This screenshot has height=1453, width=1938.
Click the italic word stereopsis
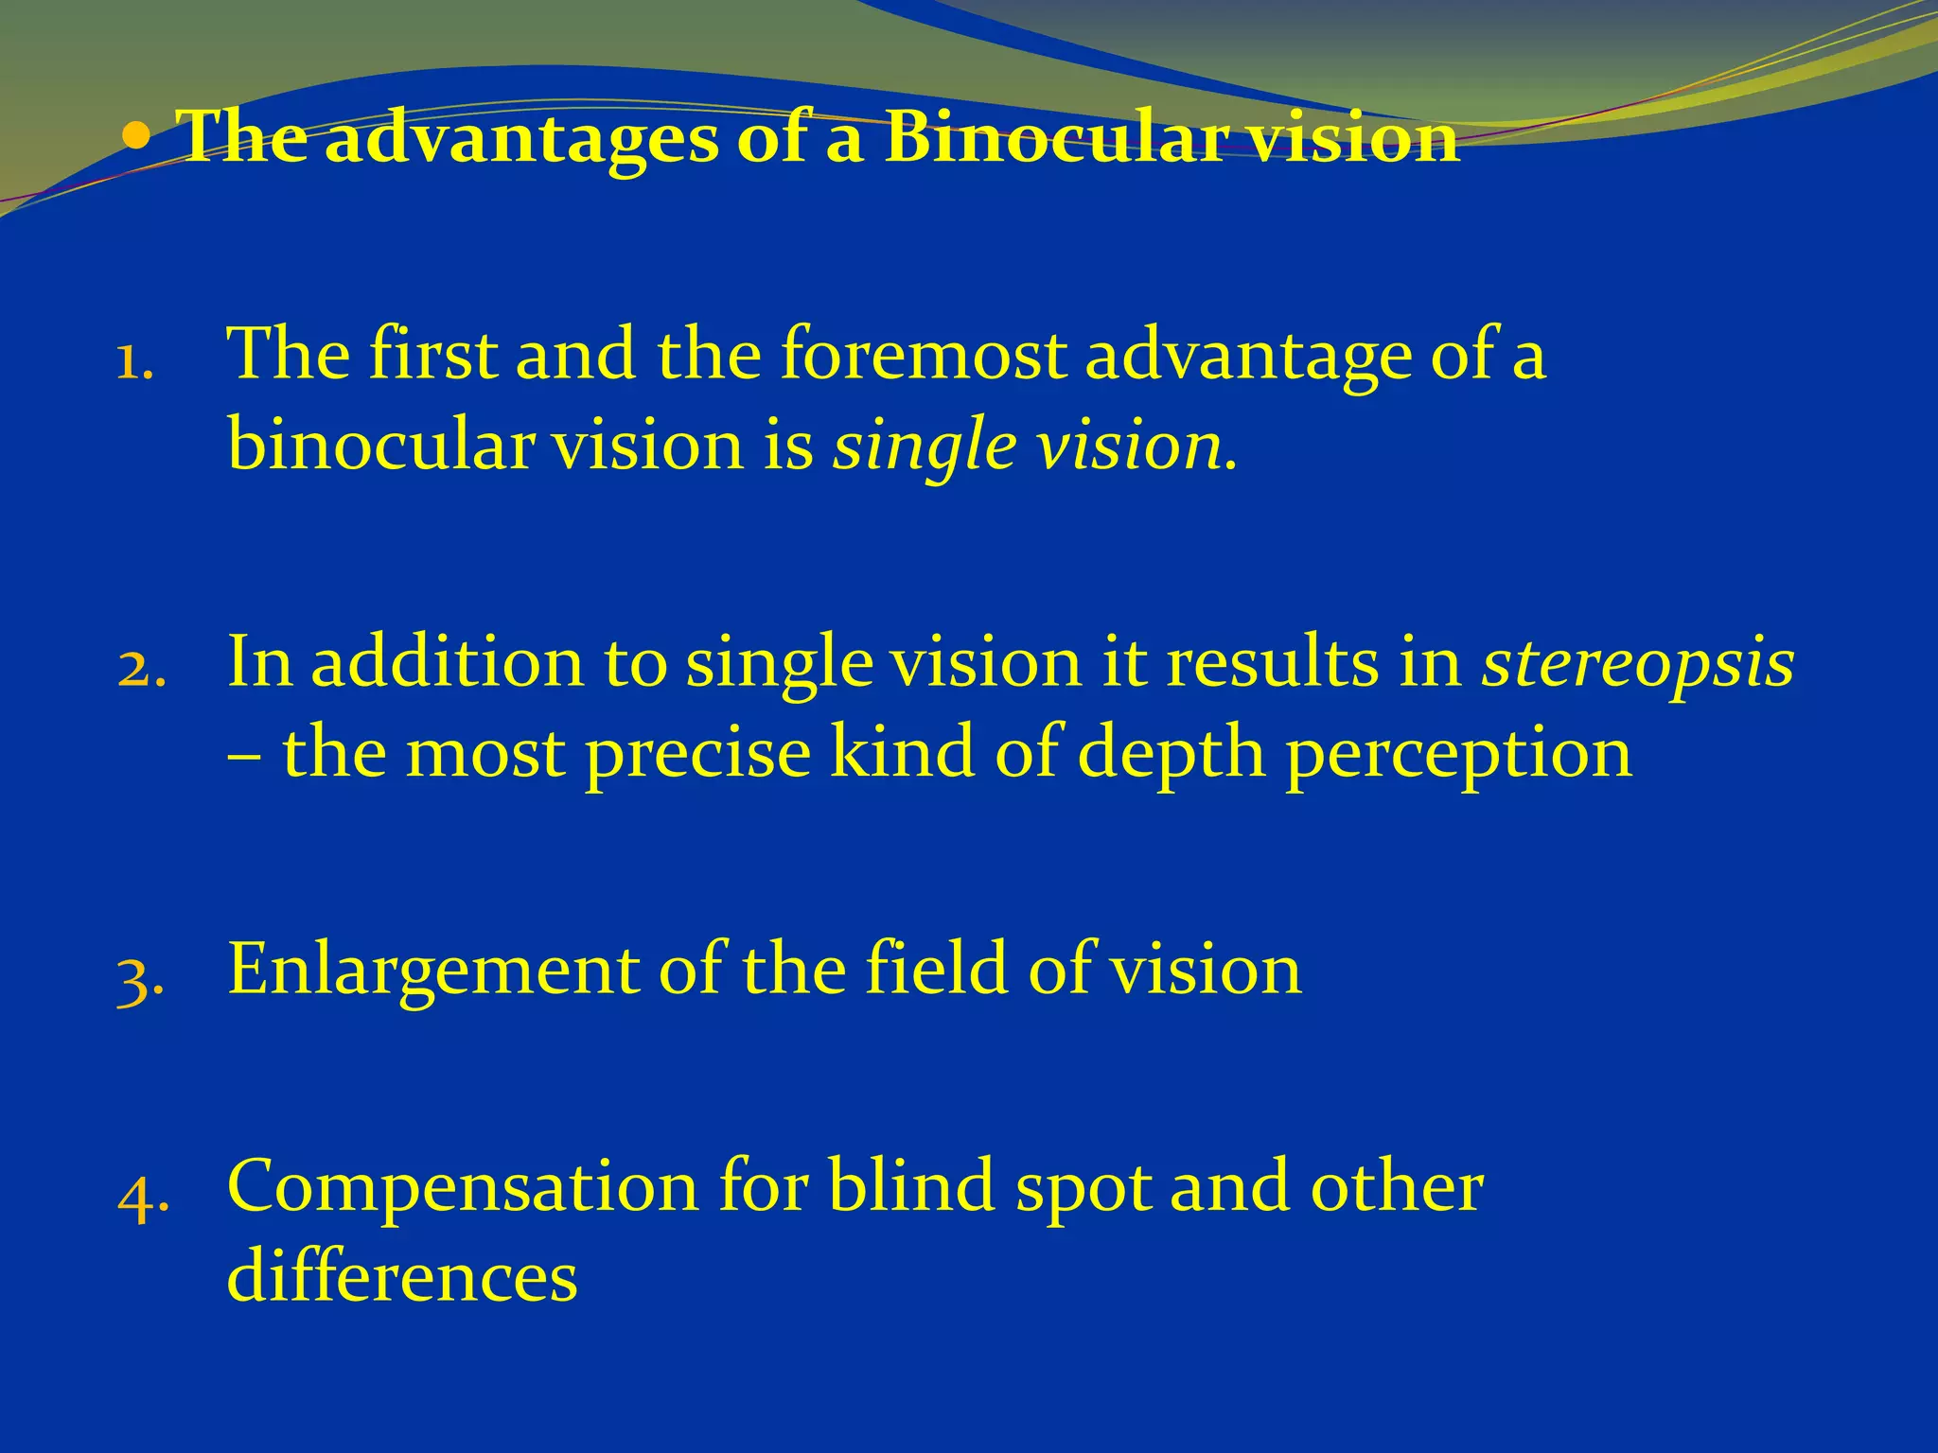coord(1637,662)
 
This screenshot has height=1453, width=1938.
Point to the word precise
coord(697,754)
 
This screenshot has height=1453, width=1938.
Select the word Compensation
coord(462,1188)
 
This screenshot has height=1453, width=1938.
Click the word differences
coord(402,1275)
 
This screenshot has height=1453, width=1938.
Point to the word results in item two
coord(1272,662)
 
